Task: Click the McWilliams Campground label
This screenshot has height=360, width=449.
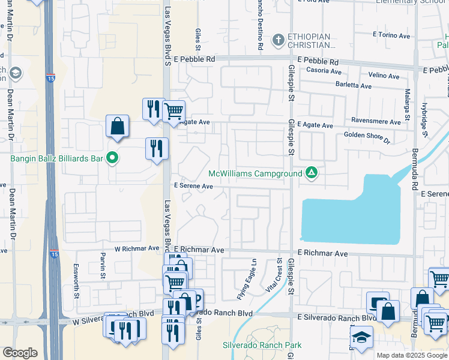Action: [x=255, y=174]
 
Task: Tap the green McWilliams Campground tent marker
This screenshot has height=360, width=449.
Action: [x=311, y=173]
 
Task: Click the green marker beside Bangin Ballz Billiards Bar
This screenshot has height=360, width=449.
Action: [x=112, y=158]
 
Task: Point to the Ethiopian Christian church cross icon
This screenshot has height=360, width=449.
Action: [x=277, y=41]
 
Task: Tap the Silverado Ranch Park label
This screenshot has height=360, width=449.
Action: [x=262, y=345]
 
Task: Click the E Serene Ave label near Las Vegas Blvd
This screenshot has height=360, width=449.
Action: [x=193, y=186]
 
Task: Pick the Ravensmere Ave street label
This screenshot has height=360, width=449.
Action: [x=376, y=122]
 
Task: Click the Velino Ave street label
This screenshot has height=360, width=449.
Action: [x=384, y=76]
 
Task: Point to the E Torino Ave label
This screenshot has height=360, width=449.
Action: [x=391, y=35]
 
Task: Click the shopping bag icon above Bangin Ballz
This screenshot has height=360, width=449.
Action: [x=118, y=126]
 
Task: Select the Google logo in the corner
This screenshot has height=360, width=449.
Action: [x=20, y=352]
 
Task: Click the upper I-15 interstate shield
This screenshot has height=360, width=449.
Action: [x=50, y=77]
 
